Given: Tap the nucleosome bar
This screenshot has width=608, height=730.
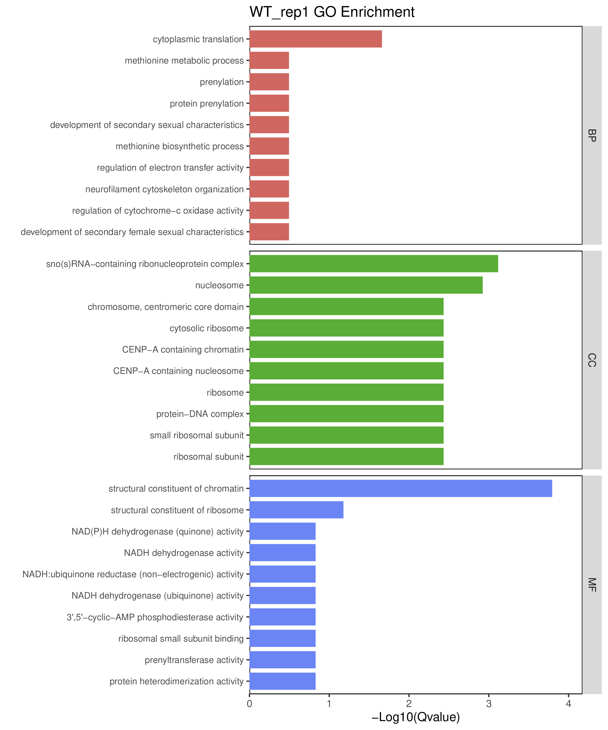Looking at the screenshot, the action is [x=366, y=285].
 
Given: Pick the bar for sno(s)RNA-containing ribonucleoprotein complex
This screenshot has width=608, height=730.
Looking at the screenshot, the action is [x=373, y=264].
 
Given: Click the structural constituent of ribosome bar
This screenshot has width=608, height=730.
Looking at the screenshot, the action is [x=296, y=510].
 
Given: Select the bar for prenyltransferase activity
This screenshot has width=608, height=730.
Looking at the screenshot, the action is [x=282, y=660].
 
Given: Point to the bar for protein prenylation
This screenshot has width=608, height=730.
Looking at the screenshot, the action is [x=269, y=103].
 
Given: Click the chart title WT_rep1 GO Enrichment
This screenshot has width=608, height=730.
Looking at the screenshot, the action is [x=332, y=12].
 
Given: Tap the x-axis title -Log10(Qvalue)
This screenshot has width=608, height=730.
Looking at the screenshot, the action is [x=416, y=717].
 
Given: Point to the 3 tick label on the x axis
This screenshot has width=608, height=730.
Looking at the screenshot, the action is [x=489, y=704].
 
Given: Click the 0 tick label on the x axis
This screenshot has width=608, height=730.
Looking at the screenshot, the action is [x=249, y=704].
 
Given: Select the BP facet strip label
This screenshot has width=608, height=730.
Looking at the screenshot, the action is [x=592, y=135].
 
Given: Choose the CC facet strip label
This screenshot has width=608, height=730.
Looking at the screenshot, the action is [x=592, y=360].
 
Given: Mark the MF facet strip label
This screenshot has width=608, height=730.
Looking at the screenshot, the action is [x=592, y=585].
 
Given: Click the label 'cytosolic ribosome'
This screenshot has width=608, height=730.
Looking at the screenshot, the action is [x=207, y=328].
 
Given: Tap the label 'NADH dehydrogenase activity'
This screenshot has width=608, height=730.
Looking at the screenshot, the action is [x=184, y=553].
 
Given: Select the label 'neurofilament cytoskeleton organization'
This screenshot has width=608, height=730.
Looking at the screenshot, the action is [x=165, y=189].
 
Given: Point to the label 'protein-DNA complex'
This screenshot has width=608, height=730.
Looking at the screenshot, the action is [x=200, y=414].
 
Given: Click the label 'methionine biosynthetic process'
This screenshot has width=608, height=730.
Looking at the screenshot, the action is [x=180, y=146].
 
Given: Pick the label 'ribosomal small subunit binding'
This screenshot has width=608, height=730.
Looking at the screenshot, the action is [x=181, y=639].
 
